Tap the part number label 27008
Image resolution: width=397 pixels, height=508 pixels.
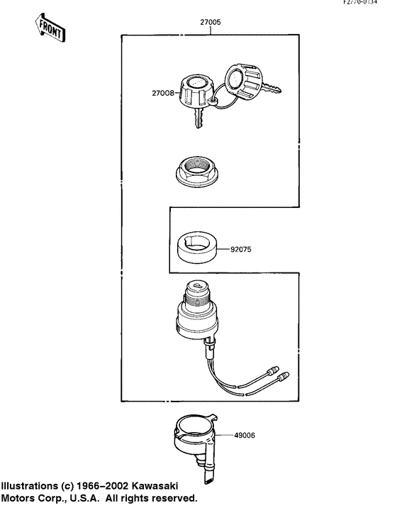pyautogui.click(x=162, y=92)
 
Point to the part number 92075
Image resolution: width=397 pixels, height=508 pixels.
pyautogui.click(x=242, y=250)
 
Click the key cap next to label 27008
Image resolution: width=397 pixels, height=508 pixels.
pyautogui.click(x=195, y=92)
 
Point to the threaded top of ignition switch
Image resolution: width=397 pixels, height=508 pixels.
pyautogui.click(x=200, y=290)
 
